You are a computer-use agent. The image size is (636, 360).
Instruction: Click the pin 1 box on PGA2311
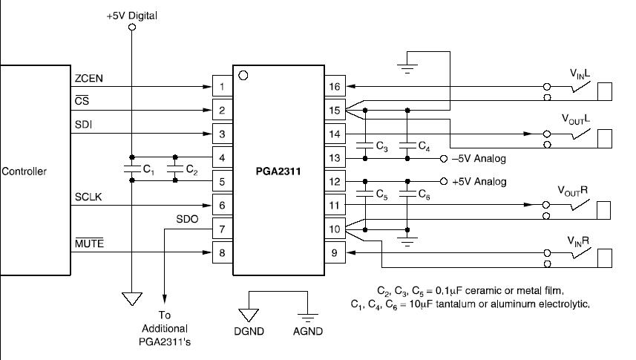(223, 86)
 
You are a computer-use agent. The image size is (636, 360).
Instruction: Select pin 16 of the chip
(335, 86)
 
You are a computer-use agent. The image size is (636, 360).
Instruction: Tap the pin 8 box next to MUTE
(223, 252)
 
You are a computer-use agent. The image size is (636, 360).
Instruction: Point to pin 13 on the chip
(335, 157)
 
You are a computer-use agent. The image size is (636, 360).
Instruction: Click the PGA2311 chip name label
(278, 171)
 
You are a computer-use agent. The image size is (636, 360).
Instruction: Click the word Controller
(24, 171)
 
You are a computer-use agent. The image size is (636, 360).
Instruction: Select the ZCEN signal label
(89, 79)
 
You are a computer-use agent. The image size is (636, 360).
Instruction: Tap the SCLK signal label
(88, 197)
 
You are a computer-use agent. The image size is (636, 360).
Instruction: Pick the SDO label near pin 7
(187, 219)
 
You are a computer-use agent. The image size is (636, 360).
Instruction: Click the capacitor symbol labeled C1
(132, 168)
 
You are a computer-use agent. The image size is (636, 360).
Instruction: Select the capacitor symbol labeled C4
(407, 145)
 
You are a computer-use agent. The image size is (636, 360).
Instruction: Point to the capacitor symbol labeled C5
(365, 194)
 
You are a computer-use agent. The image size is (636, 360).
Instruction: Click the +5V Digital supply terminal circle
(132, 27)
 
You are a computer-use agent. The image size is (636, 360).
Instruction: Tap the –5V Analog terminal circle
(444, 159)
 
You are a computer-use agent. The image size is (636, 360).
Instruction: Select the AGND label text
(308, 331)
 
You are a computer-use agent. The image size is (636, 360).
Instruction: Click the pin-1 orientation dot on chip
(243, 76)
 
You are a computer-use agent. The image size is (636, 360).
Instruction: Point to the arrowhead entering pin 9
(351, 252)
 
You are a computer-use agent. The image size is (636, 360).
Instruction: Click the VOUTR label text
(572, 192)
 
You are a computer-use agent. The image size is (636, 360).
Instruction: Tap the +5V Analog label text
(479, 181)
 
